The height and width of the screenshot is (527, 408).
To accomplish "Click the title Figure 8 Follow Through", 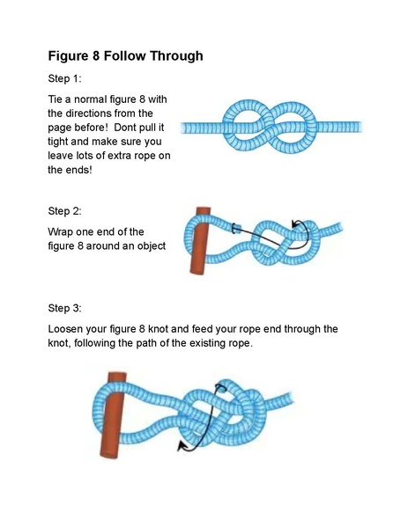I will point(125,56).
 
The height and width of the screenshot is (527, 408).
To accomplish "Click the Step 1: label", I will point(68,79).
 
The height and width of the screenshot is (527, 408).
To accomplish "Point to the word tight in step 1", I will point(62,143).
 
